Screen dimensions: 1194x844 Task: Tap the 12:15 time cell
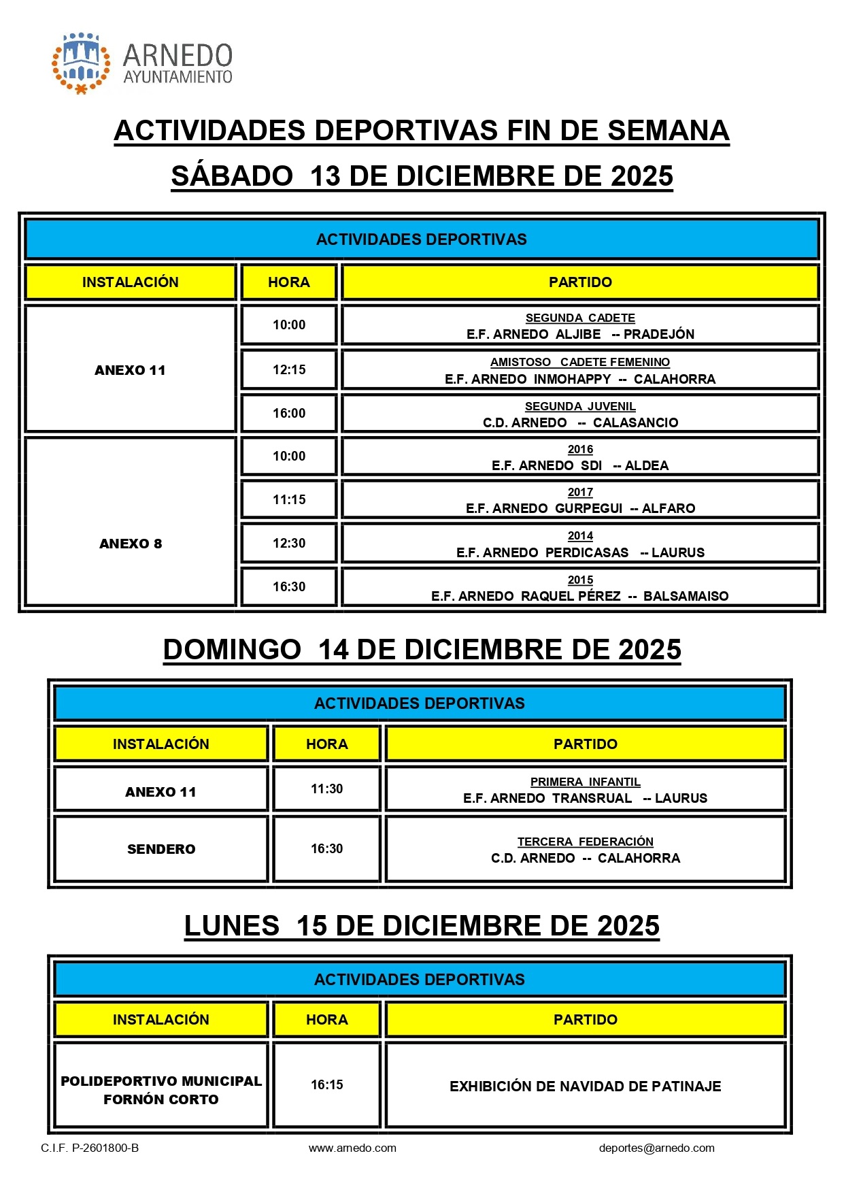coord(289,369)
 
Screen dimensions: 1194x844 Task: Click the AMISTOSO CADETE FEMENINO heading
coord(580,362)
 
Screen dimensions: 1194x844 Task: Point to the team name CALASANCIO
coord(635,422)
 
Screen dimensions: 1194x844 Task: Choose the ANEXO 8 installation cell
coord(131,544)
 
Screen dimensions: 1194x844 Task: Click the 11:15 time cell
coord(289,499)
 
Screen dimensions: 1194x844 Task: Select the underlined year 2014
coord(580,536)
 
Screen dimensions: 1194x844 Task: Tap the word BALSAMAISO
coord(686,596)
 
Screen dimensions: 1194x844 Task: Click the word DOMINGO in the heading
coord(232,650)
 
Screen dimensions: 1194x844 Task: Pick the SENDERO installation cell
coord(161,849)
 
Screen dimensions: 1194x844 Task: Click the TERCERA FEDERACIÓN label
coord(585,842)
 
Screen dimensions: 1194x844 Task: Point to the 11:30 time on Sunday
coord(326,789)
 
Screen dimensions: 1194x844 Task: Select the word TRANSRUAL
coord(592,798)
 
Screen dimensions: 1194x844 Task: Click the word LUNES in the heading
coord(232,926)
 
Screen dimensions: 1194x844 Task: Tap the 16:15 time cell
coord(326,1084)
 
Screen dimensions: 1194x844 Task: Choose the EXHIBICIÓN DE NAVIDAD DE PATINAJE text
coord(585,1087)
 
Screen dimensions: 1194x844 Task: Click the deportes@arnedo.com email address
coord(656,1148)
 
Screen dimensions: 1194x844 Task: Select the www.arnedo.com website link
coord(352,1148)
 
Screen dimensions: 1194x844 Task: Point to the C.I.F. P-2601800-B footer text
coord(90,1148)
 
